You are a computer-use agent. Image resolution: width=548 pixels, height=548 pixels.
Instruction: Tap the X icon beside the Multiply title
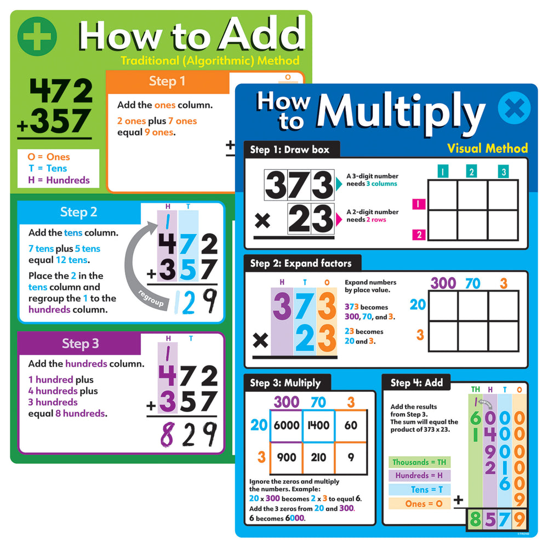[x=514, y=108]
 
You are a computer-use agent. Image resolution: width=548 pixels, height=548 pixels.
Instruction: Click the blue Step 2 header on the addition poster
[x=79, y=212]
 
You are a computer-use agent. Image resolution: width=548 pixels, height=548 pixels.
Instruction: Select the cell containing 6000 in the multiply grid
[x=285, y=425]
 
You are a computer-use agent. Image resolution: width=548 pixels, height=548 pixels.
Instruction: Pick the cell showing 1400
[x=318, y=425]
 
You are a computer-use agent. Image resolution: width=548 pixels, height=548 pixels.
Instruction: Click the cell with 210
[x=318, y=458]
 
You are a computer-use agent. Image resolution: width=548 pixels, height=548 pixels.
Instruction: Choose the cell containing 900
[x=285, y=458]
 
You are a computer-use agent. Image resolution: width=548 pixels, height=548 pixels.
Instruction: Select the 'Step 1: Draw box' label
[x=291, y=149]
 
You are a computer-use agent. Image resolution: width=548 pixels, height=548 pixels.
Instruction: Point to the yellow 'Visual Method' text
[x=487, y=148]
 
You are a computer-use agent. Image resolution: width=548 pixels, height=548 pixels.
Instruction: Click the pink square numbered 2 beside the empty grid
[x=418, y=235]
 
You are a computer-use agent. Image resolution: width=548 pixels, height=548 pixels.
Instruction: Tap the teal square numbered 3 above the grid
[x=503, y=172]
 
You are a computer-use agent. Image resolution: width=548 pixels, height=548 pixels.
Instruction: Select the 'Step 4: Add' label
[x=416, y=383]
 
